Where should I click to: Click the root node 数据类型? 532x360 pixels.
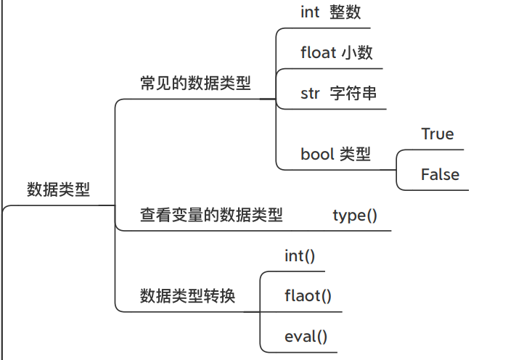tap(58, 189)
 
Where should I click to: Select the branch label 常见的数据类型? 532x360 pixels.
tap(195, 83)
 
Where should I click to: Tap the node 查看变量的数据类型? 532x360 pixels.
tap(211, 215)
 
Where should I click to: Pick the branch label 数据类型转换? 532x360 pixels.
tap(187, 296)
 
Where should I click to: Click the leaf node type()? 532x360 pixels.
tap(355, 215)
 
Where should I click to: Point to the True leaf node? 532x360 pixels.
tap(437, 134)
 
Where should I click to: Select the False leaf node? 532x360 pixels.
tap(440, 174)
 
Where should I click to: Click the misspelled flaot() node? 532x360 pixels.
tap(308, 296)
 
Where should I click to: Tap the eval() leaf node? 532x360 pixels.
tap(306, 336)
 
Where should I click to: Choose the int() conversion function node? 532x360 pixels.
tap(300, 255)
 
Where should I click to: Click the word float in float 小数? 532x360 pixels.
tap(318, 52)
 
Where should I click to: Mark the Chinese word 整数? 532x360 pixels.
tap(345, 12)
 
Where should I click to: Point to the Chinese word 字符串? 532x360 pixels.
tap(353, 94)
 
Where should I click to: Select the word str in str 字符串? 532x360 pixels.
tap(310, 94)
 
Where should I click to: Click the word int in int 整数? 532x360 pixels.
tap(310, 12)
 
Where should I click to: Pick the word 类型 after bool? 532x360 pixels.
tap(355, 154)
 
